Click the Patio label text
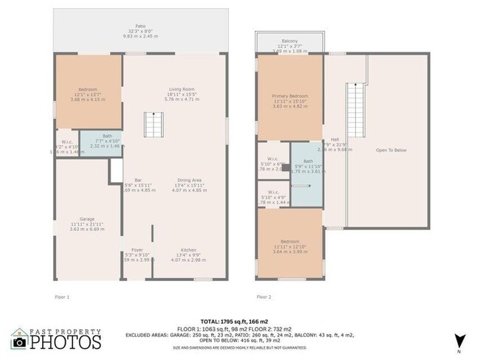[x=140, y=30]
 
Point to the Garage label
[x=87, y=219]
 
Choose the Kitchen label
[x=188, y=250]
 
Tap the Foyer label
[x=137, y=250]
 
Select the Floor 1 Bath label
[x=107, y=136]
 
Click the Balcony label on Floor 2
[x=289, y=41]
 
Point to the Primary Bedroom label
[x=289, y=96]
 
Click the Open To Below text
[x=391, y=150]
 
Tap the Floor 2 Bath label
[x=308, y=161]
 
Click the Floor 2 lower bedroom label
[x=289, y=241]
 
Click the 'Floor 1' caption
[x=62, y=297]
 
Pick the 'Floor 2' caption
[x=264, y=297]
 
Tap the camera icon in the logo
[x=19, y=342]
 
